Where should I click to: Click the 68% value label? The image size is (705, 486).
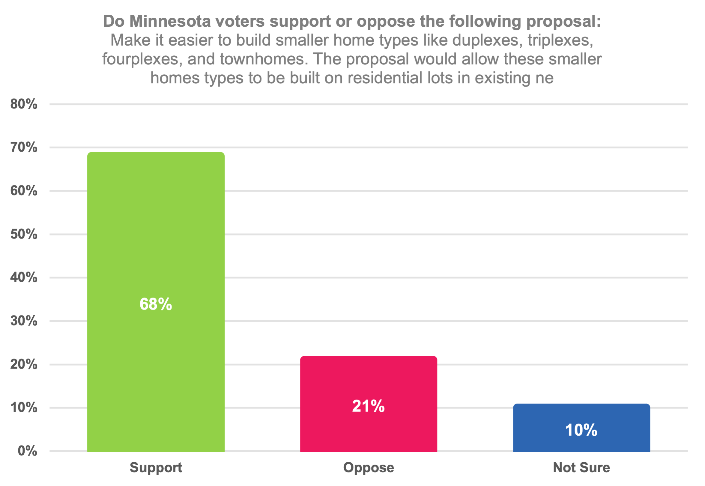(x=156, y=304)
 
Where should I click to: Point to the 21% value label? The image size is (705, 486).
(x=368, y=406)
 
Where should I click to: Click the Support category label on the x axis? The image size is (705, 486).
(x=156, y=467)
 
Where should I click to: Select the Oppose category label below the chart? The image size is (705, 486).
(x=368, y=467)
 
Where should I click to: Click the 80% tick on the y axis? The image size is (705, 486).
(x=24, y=104)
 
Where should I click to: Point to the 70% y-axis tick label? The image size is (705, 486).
(x=24, y=147)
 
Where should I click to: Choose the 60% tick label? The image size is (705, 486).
(x=24, y=191)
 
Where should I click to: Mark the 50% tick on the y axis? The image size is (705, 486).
(x=24, y=234)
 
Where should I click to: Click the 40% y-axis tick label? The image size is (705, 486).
(x=24, y=277)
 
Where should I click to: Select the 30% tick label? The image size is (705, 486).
(x=24, y=321)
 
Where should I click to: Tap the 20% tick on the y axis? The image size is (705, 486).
(x=24, y=364)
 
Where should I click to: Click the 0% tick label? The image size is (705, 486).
(x=27, y=451)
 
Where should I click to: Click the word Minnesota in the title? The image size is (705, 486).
(x=170, y=21)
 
